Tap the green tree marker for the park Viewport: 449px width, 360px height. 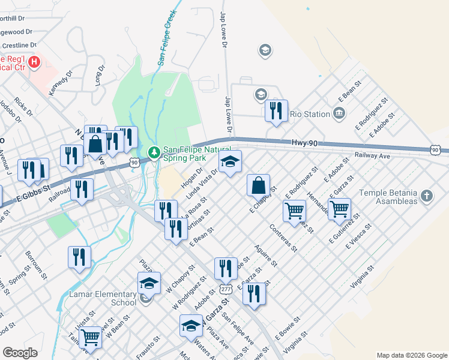[154, 153]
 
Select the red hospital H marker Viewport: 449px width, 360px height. [34, 61]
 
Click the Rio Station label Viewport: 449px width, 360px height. [310, 114]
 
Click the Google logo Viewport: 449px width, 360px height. [20, 352]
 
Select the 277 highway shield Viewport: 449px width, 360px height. [226, 289]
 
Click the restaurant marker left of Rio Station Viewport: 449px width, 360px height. [276, 111]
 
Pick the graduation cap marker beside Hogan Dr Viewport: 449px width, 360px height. [229, 161]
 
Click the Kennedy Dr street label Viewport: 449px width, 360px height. [60, 82]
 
